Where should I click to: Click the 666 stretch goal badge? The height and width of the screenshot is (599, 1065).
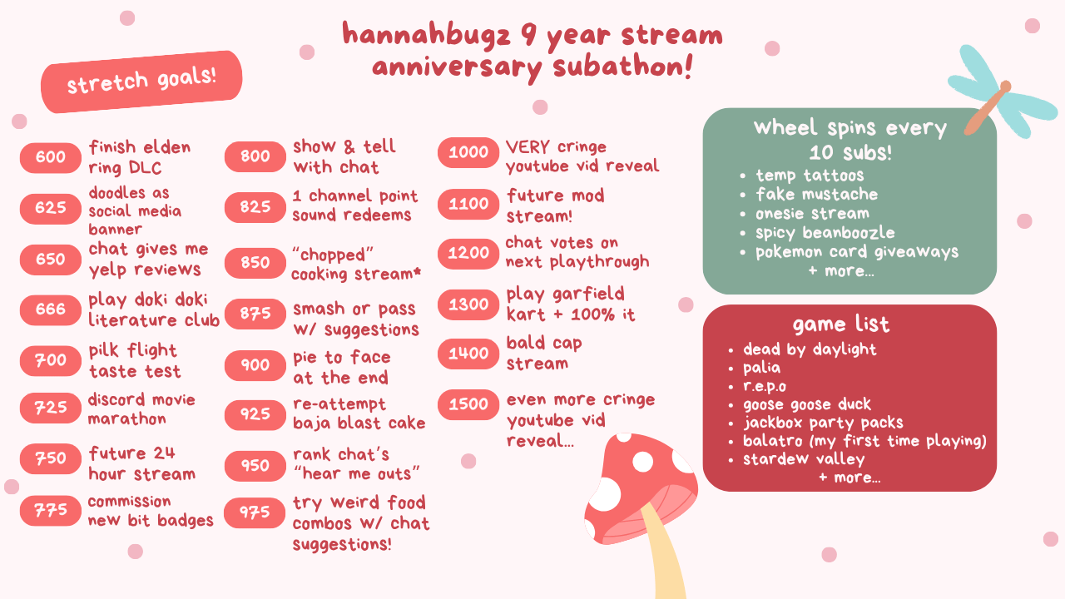[x=51, y=309]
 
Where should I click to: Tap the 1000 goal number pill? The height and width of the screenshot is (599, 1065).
[x=468, y=152]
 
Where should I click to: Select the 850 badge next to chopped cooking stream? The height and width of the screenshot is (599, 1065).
[x=255, y=263]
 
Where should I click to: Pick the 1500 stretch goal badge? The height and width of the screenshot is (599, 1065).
[x=468, y=404]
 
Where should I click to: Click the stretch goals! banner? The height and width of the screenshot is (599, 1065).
[x=141, y=82]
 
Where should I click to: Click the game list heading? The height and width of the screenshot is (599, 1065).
[x=840, y=324]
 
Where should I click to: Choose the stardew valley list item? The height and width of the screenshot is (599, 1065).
[x=804, y=459]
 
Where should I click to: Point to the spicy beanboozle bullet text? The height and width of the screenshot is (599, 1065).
[x=825, y=233]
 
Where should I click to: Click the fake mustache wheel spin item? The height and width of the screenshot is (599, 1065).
[x=817, y=195]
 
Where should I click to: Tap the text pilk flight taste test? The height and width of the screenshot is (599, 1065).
[x=135, y=361]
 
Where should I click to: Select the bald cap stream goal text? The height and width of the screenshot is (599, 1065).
[x=544, y=354]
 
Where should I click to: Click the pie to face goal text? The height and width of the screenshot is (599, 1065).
[x=342, y=368]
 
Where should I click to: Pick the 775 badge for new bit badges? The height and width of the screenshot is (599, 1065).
[x=51, y=511]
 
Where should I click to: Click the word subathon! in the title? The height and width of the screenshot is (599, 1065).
[x=623, y=67]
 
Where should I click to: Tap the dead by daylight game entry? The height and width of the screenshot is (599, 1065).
[x=810, y=349]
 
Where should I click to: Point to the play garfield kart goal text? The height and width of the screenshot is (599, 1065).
[x=571, y=304]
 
